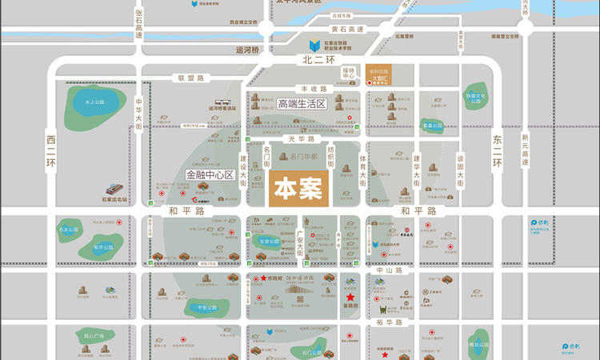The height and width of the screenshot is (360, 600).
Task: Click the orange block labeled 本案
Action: coord(298,189)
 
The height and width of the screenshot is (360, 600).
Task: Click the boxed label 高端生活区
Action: coord(302,104)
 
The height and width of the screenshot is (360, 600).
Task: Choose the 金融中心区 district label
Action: coord(208,174)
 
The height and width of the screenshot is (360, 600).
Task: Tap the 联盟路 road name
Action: coord(191,78)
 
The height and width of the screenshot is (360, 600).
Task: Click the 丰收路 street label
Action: coord(314,89)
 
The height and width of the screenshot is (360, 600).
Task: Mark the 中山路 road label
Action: coord(392,270)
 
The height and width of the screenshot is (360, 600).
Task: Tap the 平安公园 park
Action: coord(206,306)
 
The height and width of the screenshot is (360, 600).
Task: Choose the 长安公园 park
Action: coord(270,240)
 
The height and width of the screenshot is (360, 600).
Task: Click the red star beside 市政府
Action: coord(263,278)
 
